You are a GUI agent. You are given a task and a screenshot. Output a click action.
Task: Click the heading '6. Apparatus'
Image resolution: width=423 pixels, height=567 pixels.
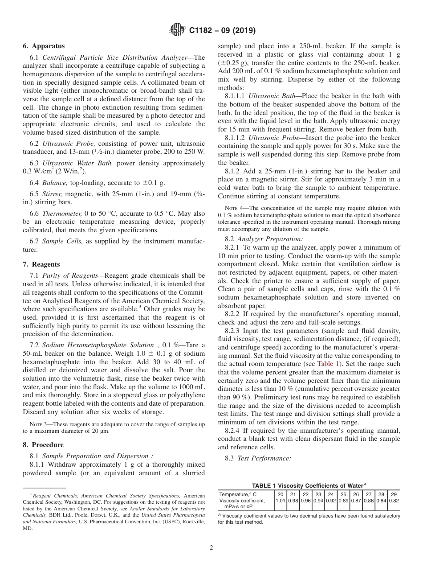coord(44,46)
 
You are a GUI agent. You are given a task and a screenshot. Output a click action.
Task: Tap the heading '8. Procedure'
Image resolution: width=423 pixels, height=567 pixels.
coord(43,444)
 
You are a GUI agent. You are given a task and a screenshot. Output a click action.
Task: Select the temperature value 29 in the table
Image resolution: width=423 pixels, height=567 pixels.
coord(394,494)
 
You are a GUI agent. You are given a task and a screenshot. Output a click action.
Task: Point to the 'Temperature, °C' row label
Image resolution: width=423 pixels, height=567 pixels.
coord(238,494)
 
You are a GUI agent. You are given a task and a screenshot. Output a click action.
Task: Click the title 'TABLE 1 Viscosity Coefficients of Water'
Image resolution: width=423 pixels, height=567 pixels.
coord(309,485)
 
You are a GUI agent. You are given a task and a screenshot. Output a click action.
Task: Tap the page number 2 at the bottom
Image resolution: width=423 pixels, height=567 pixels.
coord(211,548)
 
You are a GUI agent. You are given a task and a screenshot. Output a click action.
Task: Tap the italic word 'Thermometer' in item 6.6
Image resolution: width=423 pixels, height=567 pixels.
coord(62,214)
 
